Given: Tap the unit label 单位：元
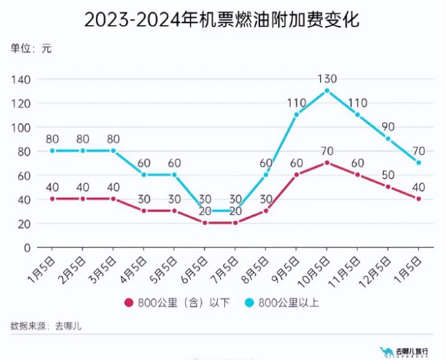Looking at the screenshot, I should pos(30,48).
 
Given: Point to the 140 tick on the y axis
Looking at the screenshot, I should pos(22,79).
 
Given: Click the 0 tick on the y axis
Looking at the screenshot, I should pos(27,247).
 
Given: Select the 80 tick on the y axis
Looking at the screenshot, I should pos(24,152).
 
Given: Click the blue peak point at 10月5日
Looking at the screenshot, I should pos(327,91).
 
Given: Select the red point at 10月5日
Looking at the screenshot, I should pos(327,163).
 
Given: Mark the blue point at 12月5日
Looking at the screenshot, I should pos(388,139).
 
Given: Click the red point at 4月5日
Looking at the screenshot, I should pos(144,211).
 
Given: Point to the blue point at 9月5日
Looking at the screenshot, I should pos(296,114).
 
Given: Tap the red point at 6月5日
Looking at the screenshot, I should pos(204,223).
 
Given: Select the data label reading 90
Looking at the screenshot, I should pos(388,126).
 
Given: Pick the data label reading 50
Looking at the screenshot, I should pos(388,175).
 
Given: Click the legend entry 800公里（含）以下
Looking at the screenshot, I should pos(177,303).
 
